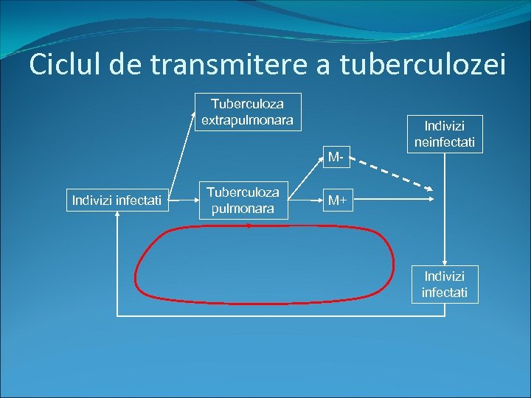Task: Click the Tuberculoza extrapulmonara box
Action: [x=247, y=111]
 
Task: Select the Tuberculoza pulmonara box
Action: [x=243, y=200]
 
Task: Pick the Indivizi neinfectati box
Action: [x=444, y=133]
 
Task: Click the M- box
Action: [x=338, y=157]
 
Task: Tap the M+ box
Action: [x=338, y=200]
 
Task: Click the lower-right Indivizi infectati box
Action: [x=444, y=284]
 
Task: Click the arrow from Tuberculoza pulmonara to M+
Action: [x=305, y=200]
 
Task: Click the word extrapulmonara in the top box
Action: [x=247, y=119]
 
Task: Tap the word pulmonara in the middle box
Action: [x=243, y=208]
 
